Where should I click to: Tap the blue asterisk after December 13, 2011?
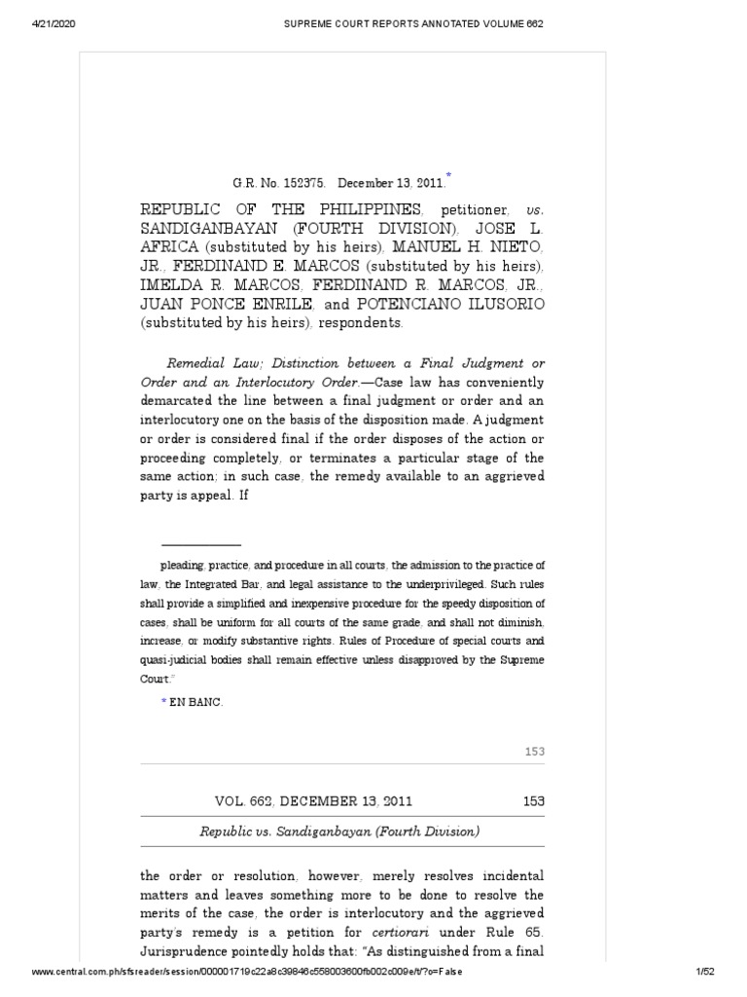pos(448,175)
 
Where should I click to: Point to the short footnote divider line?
pos(200,544)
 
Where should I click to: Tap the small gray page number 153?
pos(534,752)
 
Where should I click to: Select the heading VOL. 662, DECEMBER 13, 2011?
pos(313,801)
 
